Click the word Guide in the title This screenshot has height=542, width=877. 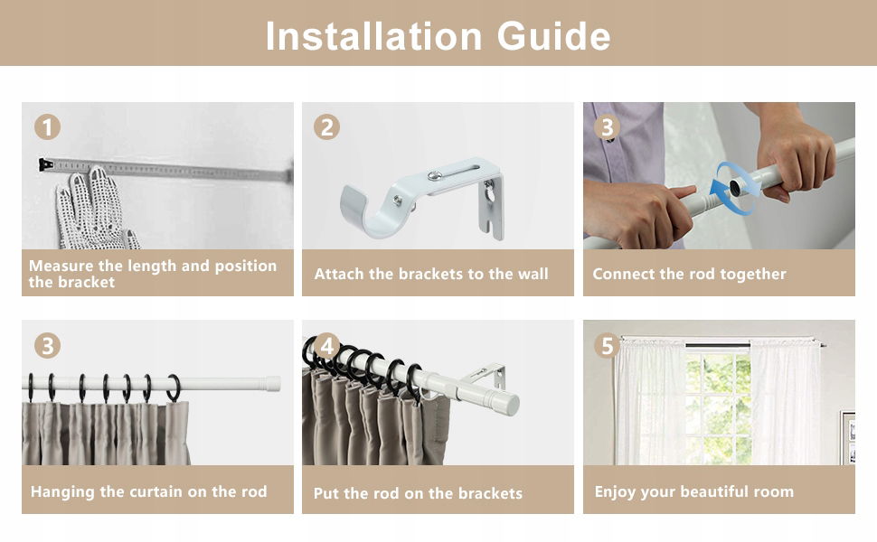[x=553, y=36]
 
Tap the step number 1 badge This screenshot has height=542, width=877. [x=47, y=127]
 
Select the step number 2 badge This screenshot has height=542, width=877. [x=326, y=127]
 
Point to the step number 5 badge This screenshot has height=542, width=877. [x=607, y=346]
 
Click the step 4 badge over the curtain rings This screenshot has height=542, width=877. [x=326, y=346]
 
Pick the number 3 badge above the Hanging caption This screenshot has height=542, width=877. [x=47, y=346]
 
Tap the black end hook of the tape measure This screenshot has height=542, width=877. [x=44, y=164]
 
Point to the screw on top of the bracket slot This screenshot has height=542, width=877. [x=434, y=176]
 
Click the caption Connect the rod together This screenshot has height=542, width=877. [x=689, y=274]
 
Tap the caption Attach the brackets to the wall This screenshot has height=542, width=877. [x=431, y=274]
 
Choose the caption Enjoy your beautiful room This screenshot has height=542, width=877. [x=694, y=491]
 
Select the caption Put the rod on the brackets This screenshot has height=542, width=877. [x=418, y=493]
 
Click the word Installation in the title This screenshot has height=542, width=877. [x=373, y=36]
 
